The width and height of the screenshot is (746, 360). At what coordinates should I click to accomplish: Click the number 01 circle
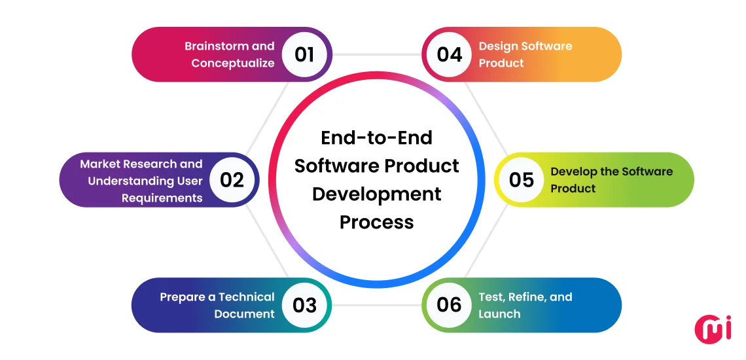(x=304, y=54)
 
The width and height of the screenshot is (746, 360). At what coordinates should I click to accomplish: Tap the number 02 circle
(x=232, y=180)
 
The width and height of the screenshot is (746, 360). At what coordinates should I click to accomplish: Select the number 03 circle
(x=304, y=305)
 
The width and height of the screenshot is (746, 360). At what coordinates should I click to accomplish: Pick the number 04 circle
(x=449, y=54)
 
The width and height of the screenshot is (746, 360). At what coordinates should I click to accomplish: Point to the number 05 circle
(x=521, y=180)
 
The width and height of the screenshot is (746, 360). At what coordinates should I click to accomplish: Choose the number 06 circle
(x=449, y=305)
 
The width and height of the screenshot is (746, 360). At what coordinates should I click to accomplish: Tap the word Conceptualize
(x=232, y=63)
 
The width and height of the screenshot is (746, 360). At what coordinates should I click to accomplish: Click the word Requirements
(x=162, y=198)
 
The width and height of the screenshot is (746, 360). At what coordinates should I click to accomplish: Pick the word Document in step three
(x=244, y=314)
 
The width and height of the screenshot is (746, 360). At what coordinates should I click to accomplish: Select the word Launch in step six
(x=499, y=314)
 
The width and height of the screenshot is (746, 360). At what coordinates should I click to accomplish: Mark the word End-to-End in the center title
(x=376, y=138)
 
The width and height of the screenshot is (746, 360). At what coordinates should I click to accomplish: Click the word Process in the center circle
(x=376, y=223)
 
